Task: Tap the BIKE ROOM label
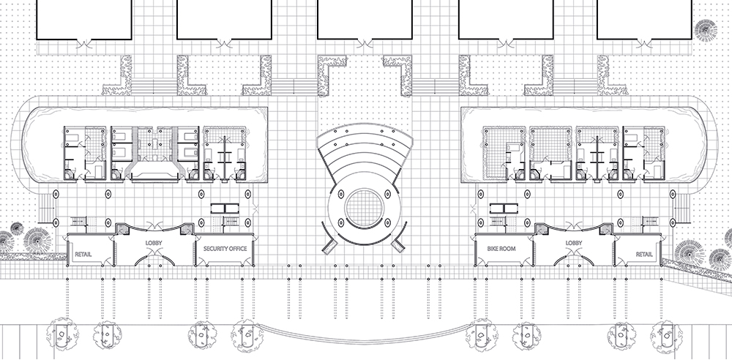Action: point(501,249)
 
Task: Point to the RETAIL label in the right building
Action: point(644,254)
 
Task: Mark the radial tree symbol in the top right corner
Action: point(706,31)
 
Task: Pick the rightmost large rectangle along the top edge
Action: point(644,18)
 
